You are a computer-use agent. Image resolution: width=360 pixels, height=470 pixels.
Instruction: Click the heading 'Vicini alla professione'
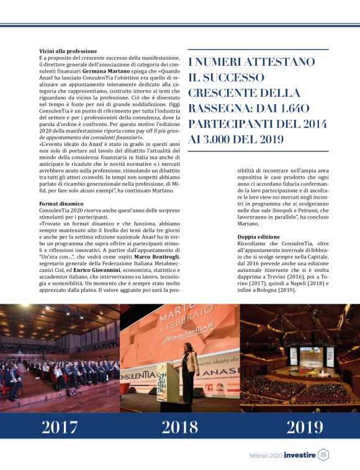coord(68,51)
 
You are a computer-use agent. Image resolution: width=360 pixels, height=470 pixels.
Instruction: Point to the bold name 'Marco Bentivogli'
coord(150,256)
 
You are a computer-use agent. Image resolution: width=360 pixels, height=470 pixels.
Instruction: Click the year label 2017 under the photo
coord(60,427)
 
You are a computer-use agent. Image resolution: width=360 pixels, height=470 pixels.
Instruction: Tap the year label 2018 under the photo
coord(179,427)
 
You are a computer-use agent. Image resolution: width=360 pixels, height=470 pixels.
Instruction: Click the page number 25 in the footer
coord(324,455)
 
